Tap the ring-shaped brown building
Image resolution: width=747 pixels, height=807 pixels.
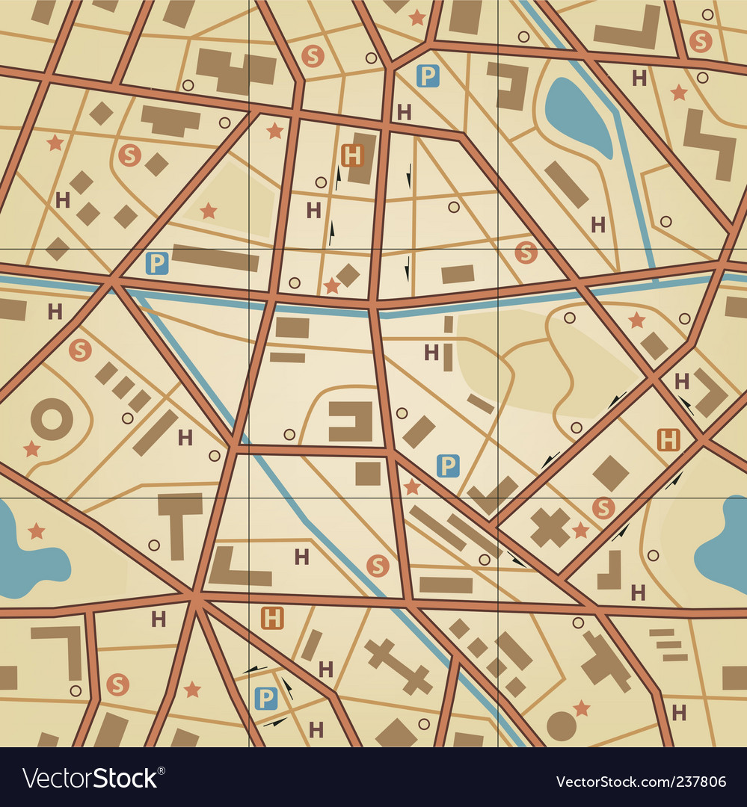click(52, 418)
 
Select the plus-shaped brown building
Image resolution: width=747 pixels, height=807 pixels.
click(550, 527)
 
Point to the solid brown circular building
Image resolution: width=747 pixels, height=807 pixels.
click(561, 726)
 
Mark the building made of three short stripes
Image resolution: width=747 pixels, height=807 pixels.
click(667, 645)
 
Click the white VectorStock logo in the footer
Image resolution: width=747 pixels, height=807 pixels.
click(90, 779)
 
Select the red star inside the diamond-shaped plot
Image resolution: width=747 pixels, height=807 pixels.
click(209, 211)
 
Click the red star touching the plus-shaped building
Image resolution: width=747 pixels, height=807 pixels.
click(580, 531)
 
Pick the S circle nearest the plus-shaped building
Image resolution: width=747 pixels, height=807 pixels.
click(603, 508)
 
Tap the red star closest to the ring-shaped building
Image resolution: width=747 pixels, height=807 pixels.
click(31, 449)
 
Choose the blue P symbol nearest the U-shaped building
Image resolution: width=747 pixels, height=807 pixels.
click(447, 466)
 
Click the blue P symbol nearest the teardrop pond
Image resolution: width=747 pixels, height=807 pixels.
click(427, 75)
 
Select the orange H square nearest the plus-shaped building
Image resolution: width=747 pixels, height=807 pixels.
click(668, 440)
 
